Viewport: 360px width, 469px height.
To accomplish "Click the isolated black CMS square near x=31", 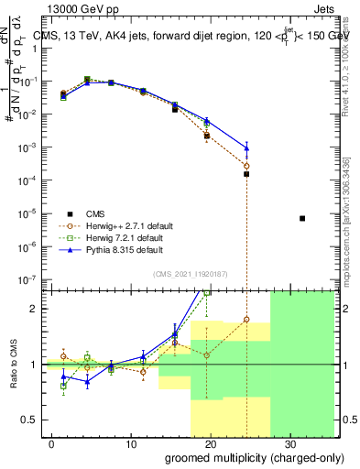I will (x=302, y=218).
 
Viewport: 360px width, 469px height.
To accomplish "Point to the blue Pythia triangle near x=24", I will (x=246, y=148).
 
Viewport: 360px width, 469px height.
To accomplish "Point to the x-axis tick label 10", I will (x=131, y=442).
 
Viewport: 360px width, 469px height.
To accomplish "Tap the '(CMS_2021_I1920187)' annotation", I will (x=188, y=273).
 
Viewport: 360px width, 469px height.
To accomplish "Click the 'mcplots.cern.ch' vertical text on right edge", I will (x=350, y=220).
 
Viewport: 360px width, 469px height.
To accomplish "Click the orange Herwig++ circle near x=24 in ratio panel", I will (x=246, y=320).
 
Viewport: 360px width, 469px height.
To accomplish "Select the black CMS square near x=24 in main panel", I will (x=246, y=174).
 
